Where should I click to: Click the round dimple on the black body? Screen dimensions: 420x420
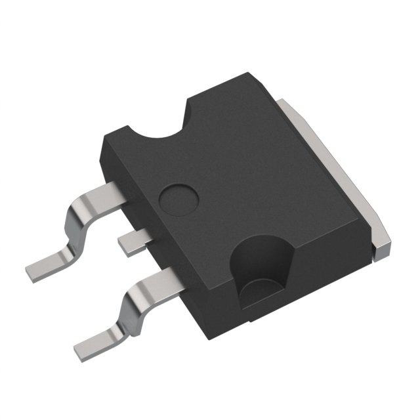pos(179,196)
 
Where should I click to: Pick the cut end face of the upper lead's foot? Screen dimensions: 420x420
pos(30,270)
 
